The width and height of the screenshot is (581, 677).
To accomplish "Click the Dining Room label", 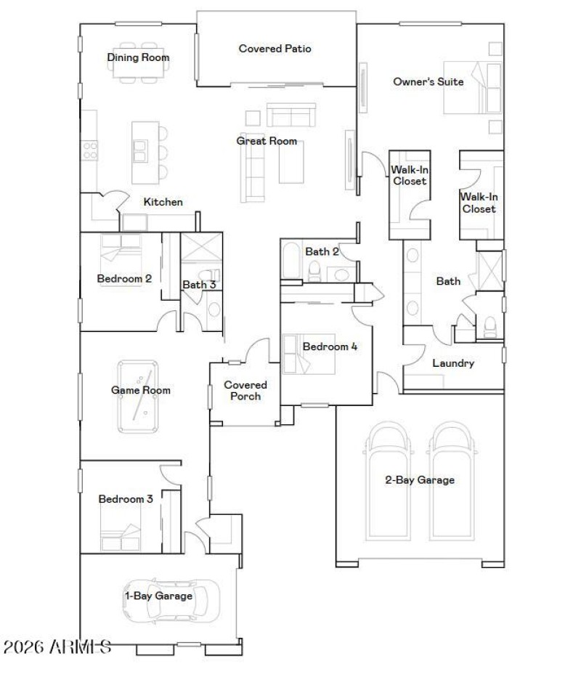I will click(138, 57).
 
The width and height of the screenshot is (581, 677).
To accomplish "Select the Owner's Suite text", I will click(428, 82).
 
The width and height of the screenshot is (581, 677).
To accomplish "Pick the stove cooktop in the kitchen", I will click(91, 150).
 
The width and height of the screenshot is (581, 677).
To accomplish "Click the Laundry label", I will click(453, 363).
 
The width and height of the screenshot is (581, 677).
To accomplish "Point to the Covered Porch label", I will click(245, 391).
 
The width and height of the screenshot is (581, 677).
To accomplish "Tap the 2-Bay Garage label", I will click(420, 479).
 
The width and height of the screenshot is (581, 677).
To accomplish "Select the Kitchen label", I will click(163, 202).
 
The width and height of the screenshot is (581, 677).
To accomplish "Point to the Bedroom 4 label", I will click(330, 346).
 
